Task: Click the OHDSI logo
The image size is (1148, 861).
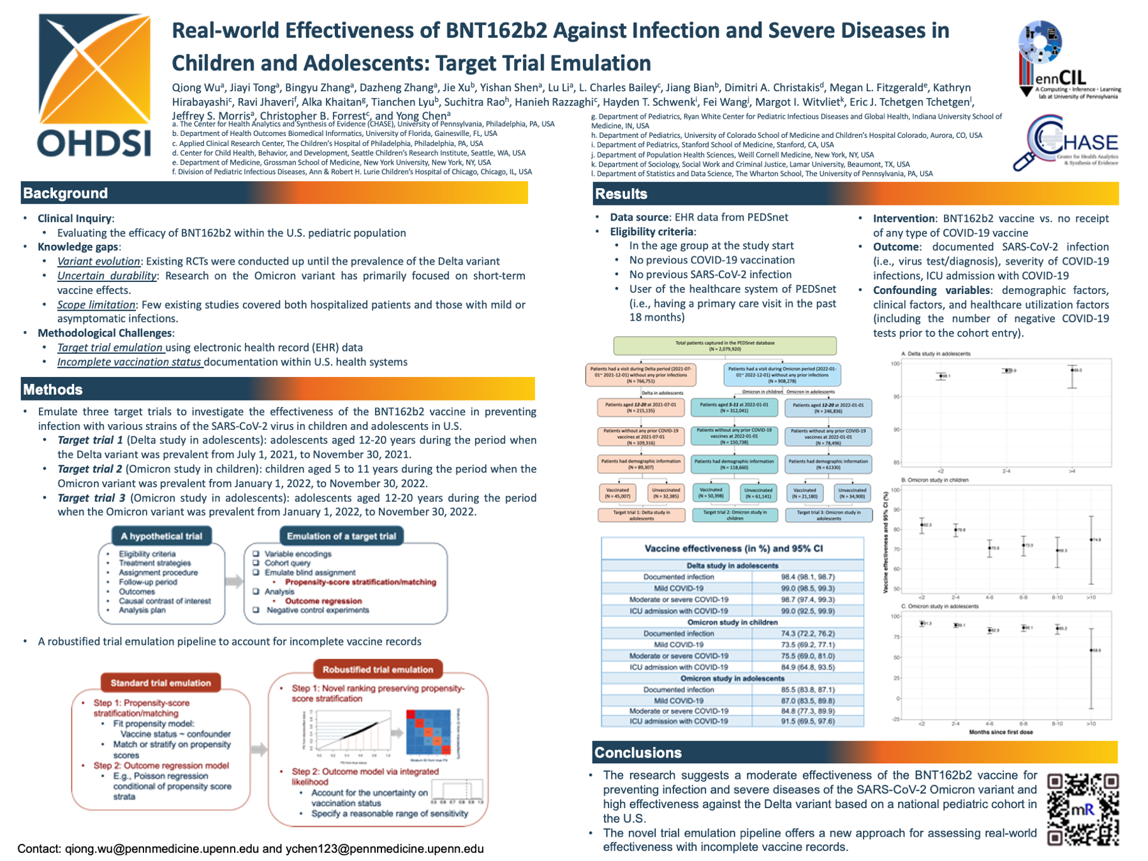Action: (x=94, y=86)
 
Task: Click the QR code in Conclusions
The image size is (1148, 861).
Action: (x=1082, y=809)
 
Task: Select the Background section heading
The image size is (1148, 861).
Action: (x=66, y=193)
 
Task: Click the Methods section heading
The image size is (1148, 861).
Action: (x=53, y=390)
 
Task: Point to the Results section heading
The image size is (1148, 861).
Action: (x=621, y=194)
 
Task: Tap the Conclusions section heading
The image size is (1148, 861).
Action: (x=638, y=753)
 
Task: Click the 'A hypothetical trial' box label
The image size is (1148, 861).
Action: (x=161, y=536)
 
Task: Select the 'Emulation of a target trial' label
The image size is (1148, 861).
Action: (x=341, y=536)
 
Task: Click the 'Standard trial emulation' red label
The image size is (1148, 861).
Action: (x=161, y=683)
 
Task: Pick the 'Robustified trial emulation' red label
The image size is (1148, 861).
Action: (x=378, y=670)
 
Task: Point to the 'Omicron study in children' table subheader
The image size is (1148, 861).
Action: (x=732, y=622)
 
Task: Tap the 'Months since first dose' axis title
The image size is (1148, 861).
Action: (x=1001, y=732)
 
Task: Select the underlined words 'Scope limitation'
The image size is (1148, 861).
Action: (x=96, y=305)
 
